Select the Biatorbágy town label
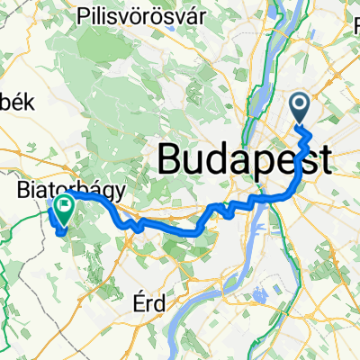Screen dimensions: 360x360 coord(66,190)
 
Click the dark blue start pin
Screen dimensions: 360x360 coord(300,108)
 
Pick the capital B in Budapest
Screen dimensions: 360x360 coord(170,159)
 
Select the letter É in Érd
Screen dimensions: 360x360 coord(136,303)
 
